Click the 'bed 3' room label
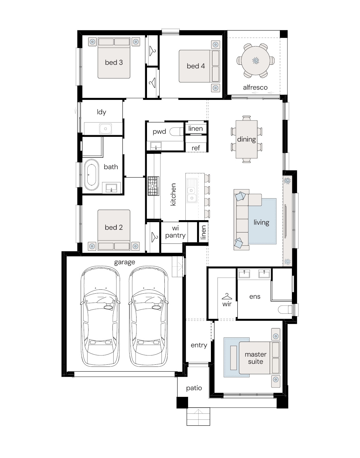(114, 62)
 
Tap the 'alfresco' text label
(255, 87)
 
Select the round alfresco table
(256, 61)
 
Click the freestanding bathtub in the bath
(91, 175)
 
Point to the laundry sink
(106, 129)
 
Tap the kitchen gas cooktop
(153, 186)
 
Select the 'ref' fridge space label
(196, 148)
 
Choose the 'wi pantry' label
(175, 232)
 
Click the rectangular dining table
(246, 139)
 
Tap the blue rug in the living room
(262, 221)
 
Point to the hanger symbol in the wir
(227, 296)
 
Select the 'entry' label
(199, 345)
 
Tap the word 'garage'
(124, 262)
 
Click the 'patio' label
(194, 388)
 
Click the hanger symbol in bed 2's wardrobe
(154, 237)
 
